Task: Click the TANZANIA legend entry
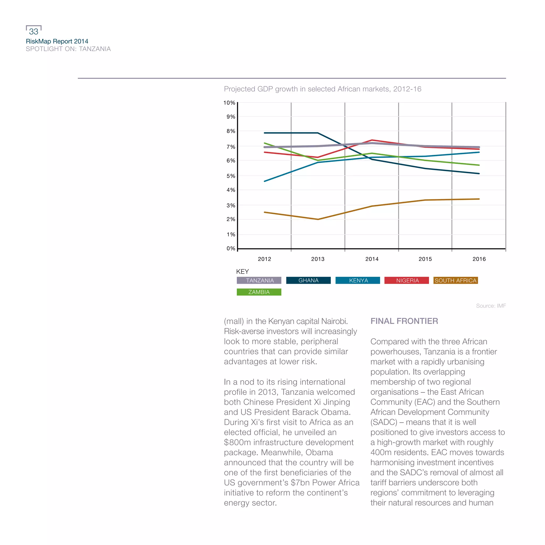click(x=259, y=280)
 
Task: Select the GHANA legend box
click(x=308, y=280)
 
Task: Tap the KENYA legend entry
click(x=358, y=280)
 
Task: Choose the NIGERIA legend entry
click(x=407, y=280)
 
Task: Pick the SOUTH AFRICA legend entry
click(x=455, y=280)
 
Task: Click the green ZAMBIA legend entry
click(x=259, y=292)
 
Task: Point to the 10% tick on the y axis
click(x=229, y=103)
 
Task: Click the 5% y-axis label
click(x=231, y=176)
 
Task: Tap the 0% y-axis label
click(x=231, y=248)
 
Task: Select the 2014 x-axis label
click(x=372, y=259)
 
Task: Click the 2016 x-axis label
click(x=479, y=259)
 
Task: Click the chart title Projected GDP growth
click(x=323, y=89)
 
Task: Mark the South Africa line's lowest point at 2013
click(x=318, y=219)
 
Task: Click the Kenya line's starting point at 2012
click(x=265, y=181)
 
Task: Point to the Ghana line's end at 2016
click(x=479, y=174)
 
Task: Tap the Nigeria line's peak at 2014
click(x=372, y=140)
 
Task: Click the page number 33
click(x=34, y=31)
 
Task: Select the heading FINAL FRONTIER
click(x=404, y=321)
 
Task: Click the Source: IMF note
click(x=491, y=306)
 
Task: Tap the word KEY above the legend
click(x=242, y=271)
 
